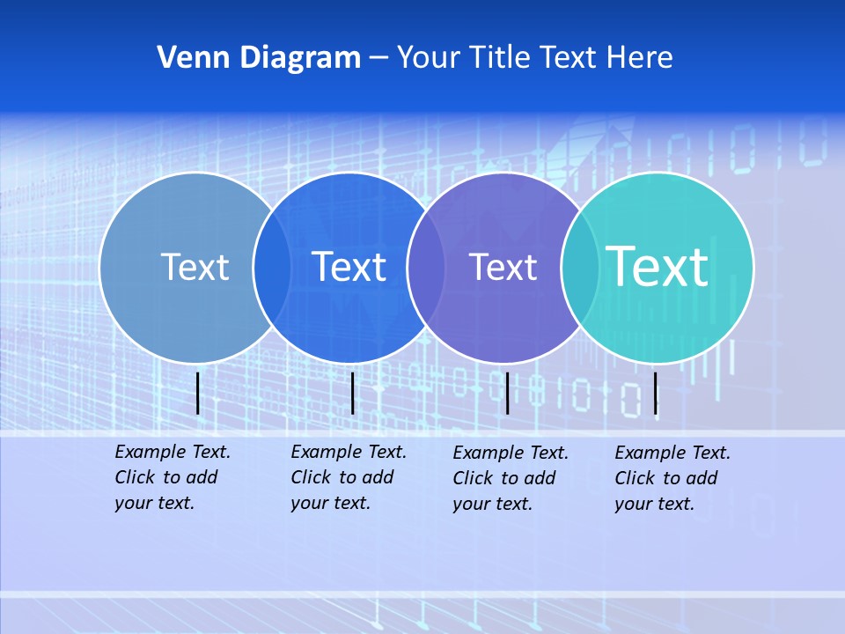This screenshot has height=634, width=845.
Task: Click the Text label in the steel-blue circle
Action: (195, 267)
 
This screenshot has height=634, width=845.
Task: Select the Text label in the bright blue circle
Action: (349, 267)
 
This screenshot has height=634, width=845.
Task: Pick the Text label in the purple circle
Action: (503, 267)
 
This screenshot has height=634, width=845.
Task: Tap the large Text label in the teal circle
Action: (658, 266)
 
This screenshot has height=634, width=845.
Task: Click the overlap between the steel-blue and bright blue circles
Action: (272, 267)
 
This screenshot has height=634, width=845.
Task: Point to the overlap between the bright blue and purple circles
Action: (426, 267)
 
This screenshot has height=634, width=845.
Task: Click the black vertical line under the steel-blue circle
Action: (198, 393)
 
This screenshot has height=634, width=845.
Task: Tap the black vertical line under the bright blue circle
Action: (352, 393)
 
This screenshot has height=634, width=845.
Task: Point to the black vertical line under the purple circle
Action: (507, 393)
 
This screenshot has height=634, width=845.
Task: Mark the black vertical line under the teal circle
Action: (656, 393)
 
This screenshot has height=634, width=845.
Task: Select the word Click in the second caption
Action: (311, 477)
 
